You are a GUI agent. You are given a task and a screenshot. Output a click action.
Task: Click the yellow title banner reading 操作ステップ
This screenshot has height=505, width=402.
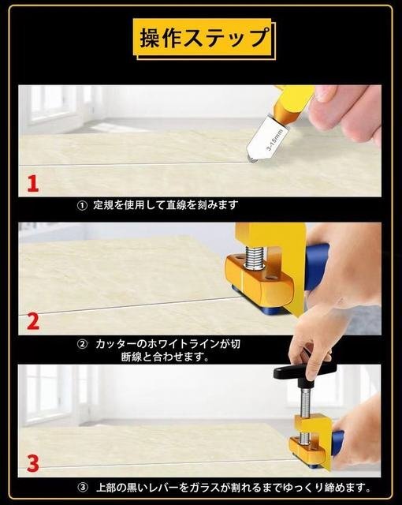(x=203, y=38)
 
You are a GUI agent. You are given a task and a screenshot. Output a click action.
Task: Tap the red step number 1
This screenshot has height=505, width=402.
(x=33, y=184)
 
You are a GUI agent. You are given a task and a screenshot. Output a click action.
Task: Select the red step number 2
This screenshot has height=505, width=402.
(x=33, y=321)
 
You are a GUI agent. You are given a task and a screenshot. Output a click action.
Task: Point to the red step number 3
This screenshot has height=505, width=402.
(x=33, y=463)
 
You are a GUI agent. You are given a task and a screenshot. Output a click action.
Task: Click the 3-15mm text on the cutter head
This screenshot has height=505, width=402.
(x=274, y=140)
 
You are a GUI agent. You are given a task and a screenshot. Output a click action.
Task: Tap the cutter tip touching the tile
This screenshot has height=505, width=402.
(x=252, y=159)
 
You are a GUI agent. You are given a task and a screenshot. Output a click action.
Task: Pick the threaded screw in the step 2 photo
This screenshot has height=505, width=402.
(x=255, y=257)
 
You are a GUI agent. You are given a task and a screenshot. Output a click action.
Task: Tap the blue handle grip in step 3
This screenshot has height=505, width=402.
(x=337, y=443)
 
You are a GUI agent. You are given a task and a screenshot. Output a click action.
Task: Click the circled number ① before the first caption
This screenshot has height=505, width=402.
(x=82, y=205)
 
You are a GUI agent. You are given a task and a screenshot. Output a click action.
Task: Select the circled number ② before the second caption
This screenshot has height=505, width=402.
(x=82, y=344)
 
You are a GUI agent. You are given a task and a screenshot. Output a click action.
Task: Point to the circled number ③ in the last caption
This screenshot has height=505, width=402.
(x=83, y=488)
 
